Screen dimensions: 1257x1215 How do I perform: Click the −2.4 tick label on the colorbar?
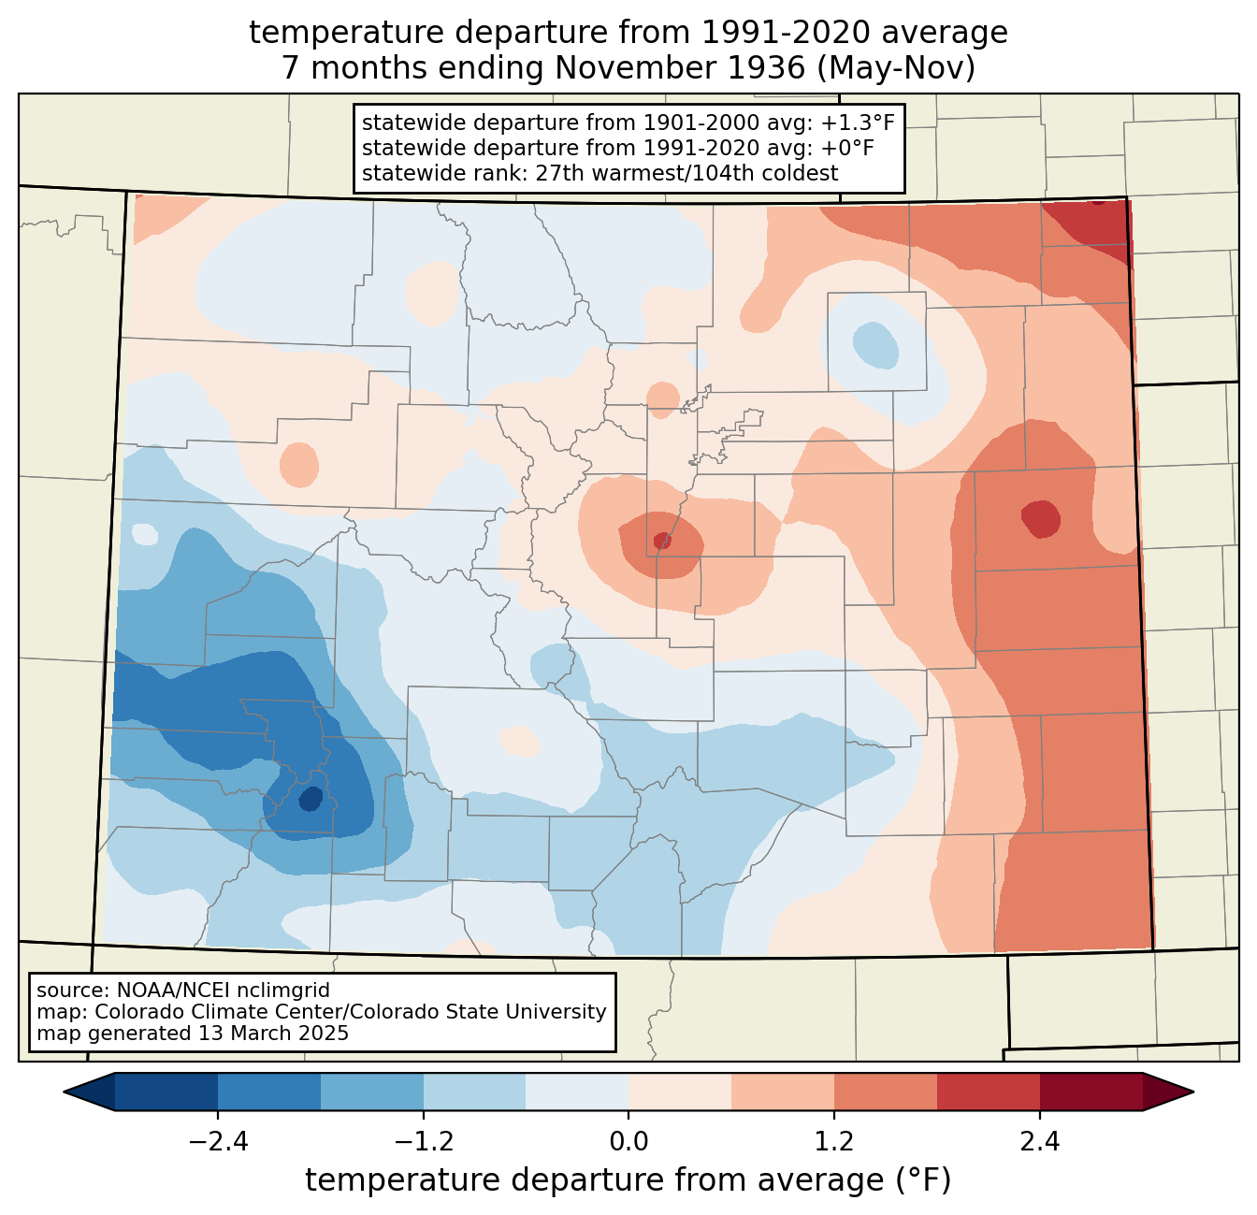point(218,1142)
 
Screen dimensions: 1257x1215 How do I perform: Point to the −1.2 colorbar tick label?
point(424,1142)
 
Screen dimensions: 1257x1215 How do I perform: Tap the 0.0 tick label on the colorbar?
point(628,1142)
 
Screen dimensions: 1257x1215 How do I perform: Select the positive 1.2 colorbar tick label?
point(834,1142)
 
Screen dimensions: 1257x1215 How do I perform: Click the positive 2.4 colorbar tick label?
point(1040,1142)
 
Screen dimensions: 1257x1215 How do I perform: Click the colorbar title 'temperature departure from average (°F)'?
point(628,1180)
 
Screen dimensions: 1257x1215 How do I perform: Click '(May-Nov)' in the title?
point(896,68)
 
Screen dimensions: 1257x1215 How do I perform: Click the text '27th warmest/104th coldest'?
point(686,173)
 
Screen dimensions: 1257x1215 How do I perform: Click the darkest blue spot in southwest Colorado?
point(311,799)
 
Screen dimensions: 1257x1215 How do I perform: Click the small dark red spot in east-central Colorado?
point(1041,519)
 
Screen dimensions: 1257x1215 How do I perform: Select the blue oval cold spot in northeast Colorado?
point(875,345)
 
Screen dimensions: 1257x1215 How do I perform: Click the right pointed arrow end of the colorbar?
point(1168,1092)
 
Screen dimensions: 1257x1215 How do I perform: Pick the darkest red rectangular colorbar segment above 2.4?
point(1091,1092)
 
